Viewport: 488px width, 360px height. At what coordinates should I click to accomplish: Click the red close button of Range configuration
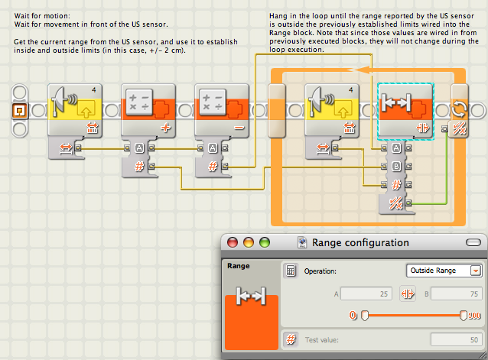[233, 242]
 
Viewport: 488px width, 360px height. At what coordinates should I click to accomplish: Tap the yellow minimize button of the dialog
[249, 242]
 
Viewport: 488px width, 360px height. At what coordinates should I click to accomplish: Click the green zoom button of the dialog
[265, 242]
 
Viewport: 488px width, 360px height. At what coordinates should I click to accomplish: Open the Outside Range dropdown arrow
[476, 271]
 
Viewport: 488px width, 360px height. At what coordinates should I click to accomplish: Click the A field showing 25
[366, 294]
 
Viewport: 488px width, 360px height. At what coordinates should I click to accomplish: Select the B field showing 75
[456, 294]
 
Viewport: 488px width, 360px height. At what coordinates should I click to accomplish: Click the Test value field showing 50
[456, 339]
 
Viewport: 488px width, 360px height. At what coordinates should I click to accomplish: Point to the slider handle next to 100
[463, 315]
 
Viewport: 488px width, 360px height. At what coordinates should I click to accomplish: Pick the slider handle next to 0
[364, 316]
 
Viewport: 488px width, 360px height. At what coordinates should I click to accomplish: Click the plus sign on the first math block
[165, 128]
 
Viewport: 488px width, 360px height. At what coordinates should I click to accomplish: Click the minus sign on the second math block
[239, 128]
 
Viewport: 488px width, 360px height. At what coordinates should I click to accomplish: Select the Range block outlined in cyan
[405, 112]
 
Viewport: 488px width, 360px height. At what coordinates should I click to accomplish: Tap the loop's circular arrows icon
[460, 109]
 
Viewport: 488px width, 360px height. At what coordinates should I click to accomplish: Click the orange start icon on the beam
[20, 110]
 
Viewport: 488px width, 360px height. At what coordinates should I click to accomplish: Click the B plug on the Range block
[396, 167]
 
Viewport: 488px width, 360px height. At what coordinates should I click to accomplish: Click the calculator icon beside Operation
[291, 271]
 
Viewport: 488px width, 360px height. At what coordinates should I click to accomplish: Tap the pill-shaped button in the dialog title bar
[473, 242]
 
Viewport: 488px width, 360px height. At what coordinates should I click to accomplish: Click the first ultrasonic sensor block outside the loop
[75, 110]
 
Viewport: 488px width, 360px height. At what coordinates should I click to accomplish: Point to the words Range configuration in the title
[360, 242]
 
